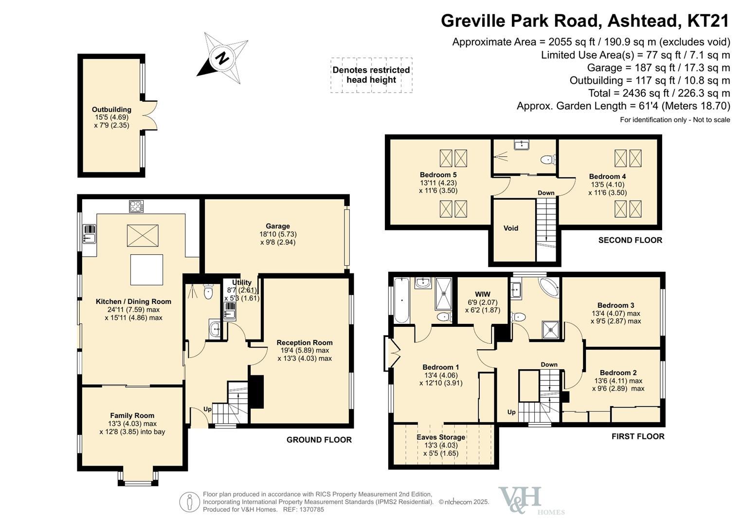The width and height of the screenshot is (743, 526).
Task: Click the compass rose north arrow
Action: click(x=222, y=58)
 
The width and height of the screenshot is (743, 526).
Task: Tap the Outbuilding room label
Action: click(x=111, y=110)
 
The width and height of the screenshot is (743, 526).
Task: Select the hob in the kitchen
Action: click(x=136, y=206)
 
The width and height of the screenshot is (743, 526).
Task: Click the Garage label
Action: click(x=278, y=226)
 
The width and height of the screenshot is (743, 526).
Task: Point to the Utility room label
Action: click(x=241, y=282)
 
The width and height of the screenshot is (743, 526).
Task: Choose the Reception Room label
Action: click(x=305, y=342)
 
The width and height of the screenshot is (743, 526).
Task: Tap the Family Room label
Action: click(x=132, y=415)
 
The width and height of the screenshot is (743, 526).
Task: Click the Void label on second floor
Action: click(x=511, y=228)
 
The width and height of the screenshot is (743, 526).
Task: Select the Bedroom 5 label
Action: click(x=438, y=175)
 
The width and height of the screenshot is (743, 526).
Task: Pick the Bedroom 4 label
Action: click(x=607, y=176)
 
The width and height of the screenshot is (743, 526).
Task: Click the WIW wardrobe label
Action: click(x=483, y=294)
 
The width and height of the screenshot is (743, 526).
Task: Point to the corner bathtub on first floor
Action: click(x=549, y=287)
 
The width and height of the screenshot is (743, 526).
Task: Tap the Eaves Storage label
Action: click(x=441, y=437)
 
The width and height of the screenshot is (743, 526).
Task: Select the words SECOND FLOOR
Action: click(x=630, y=240)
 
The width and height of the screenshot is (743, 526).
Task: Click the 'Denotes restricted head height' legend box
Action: click(x=371, y=75)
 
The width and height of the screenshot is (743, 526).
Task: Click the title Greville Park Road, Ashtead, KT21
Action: click(x=585, y=20)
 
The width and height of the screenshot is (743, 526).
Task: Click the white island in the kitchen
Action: click(x=146, y=270)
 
